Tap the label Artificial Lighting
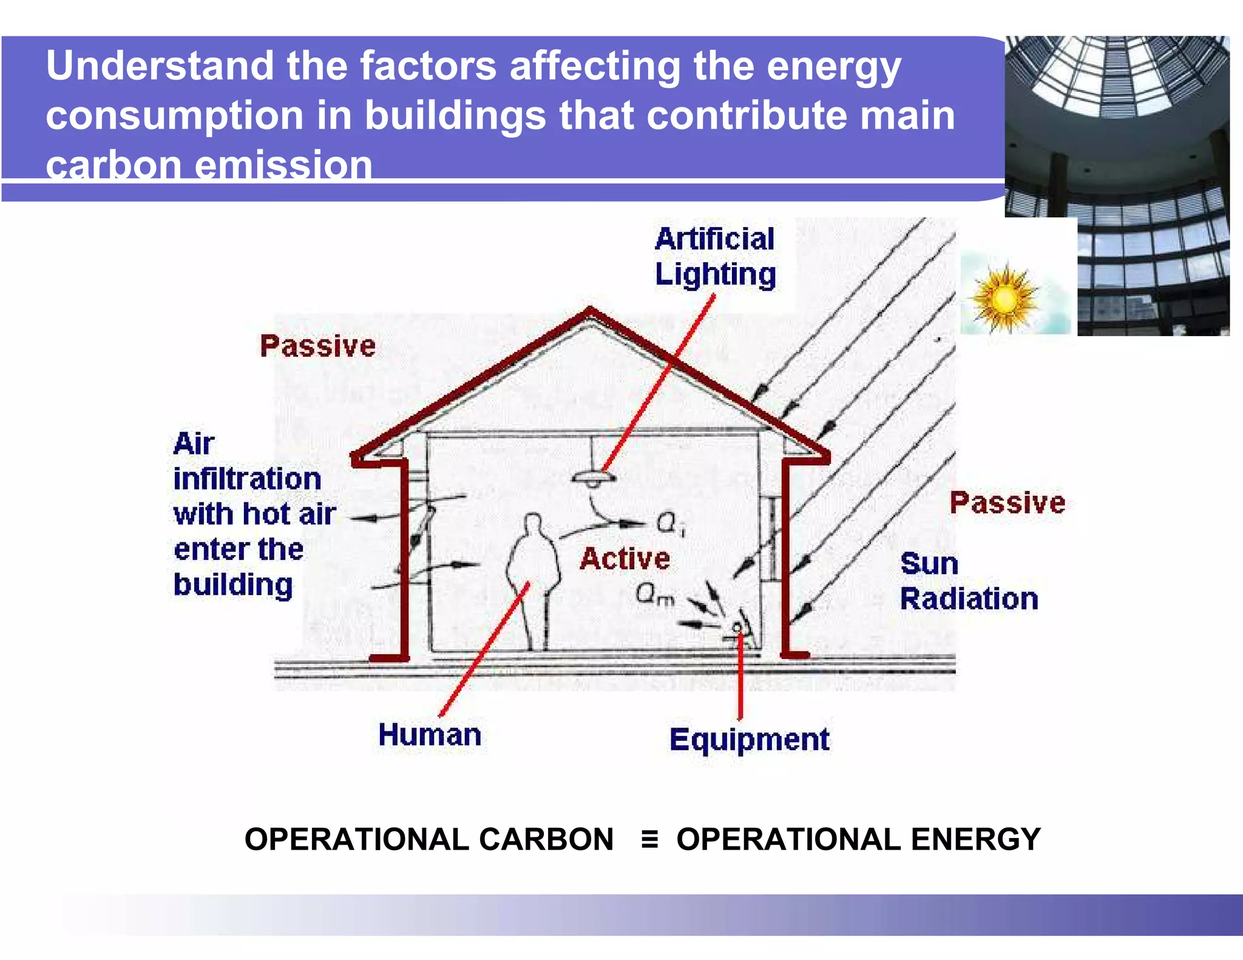715,256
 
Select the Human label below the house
430,735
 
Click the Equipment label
749,740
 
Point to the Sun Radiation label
969,581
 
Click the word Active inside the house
625,559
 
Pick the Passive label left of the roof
317,346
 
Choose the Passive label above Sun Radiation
1007,503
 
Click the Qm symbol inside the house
655,594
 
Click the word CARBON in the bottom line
546,840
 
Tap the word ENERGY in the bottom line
976,840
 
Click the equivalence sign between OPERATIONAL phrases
649,840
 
